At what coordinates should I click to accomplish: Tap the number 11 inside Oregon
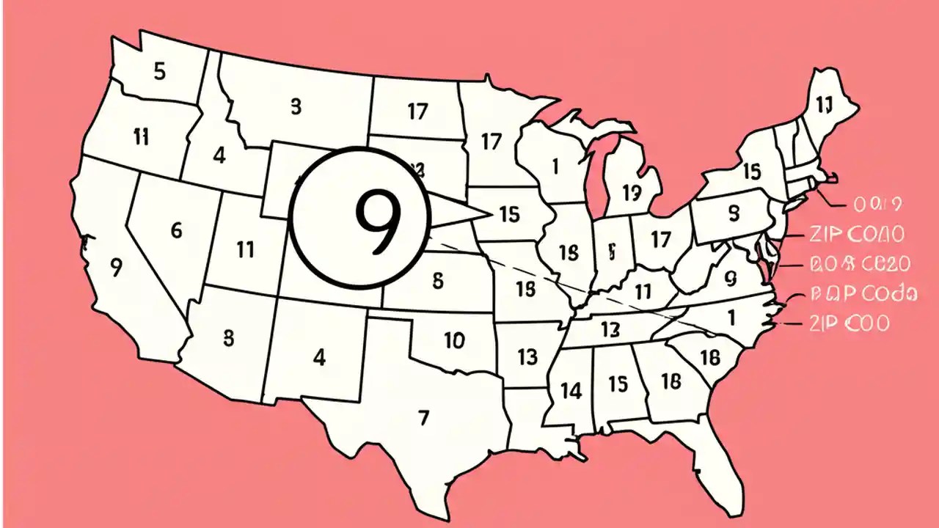(x=142, y=136)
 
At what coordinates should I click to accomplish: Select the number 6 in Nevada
(x=176, y=230)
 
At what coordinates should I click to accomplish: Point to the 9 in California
(x=115, y=268)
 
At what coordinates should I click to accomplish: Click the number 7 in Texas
(x=423, y=418)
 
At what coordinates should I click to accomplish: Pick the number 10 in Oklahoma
(x=454, y=340)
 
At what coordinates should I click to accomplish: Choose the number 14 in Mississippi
(x=571, y=391)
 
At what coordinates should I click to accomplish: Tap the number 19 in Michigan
(x=632, y=193)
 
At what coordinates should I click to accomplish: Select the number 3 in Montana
(x=296, y=107)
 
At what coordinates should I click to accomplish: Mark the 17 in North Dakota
(x=417, y=111)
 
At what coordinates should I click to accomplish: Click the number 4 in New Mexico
(x=318, y=358)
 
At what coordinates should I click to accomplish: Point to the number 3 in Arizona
(x=228, y=338)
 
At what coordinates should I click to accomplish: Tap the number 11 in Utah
(x=246, y=249)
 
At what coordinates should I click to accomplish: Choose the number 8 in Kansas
(x=438, y=279)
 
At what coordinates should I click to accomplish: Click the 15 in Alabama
(x=618, y=384)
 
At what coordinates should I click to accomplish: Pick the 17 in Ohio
(x=661, y=239)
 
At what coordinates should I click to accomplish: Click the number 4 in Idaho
(x=219, y=155)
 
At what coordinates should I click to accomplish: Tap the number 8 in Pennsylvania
(x=734, y=213)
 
